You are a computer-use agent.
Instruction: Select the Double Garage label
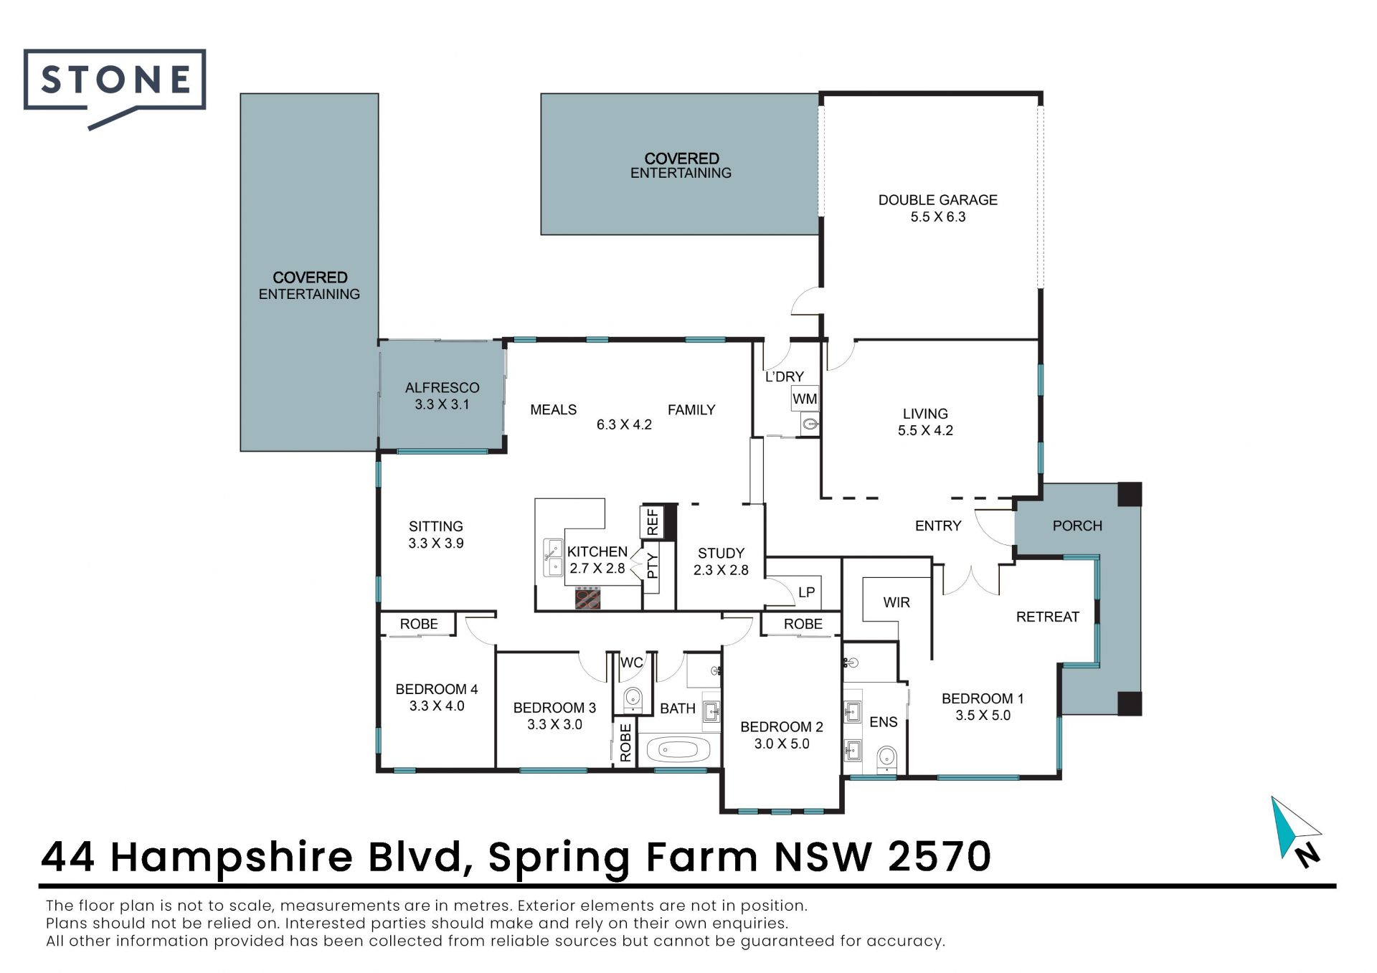937,200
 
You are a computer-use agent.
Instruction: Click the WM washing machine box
805,399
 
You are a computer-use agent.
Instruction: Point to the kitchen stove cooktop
587,597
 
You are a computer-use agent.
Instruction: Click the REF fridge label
652,522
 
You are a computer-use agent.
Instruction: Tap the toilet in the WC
633,698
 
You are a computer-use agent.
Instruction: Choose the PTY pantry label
652,566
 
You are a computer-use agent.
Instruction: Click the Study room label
721,554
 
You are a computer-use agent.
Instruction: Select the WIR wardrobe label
896,602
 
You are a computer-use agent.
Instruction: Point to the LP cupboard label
806,592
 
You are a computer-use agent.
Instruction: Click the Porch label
1077,526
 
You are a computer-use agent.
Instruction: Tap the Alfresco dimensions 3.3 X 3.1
442,404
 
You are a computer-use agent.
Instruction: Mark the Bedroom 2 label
782,726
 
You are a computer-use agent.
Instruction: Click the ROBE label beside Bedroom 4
419,624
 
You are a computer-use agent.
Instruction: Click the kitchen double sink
553,558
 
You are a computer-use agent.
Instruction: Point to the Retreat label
1047,617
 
